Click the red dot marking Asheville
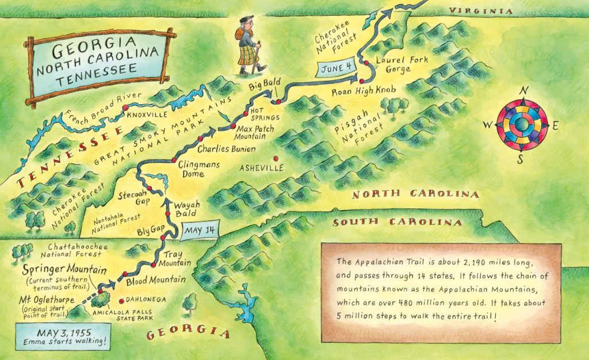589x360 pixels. [x=276, y=159]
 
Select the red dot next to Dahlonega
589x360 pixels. [x=121, y=300]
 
